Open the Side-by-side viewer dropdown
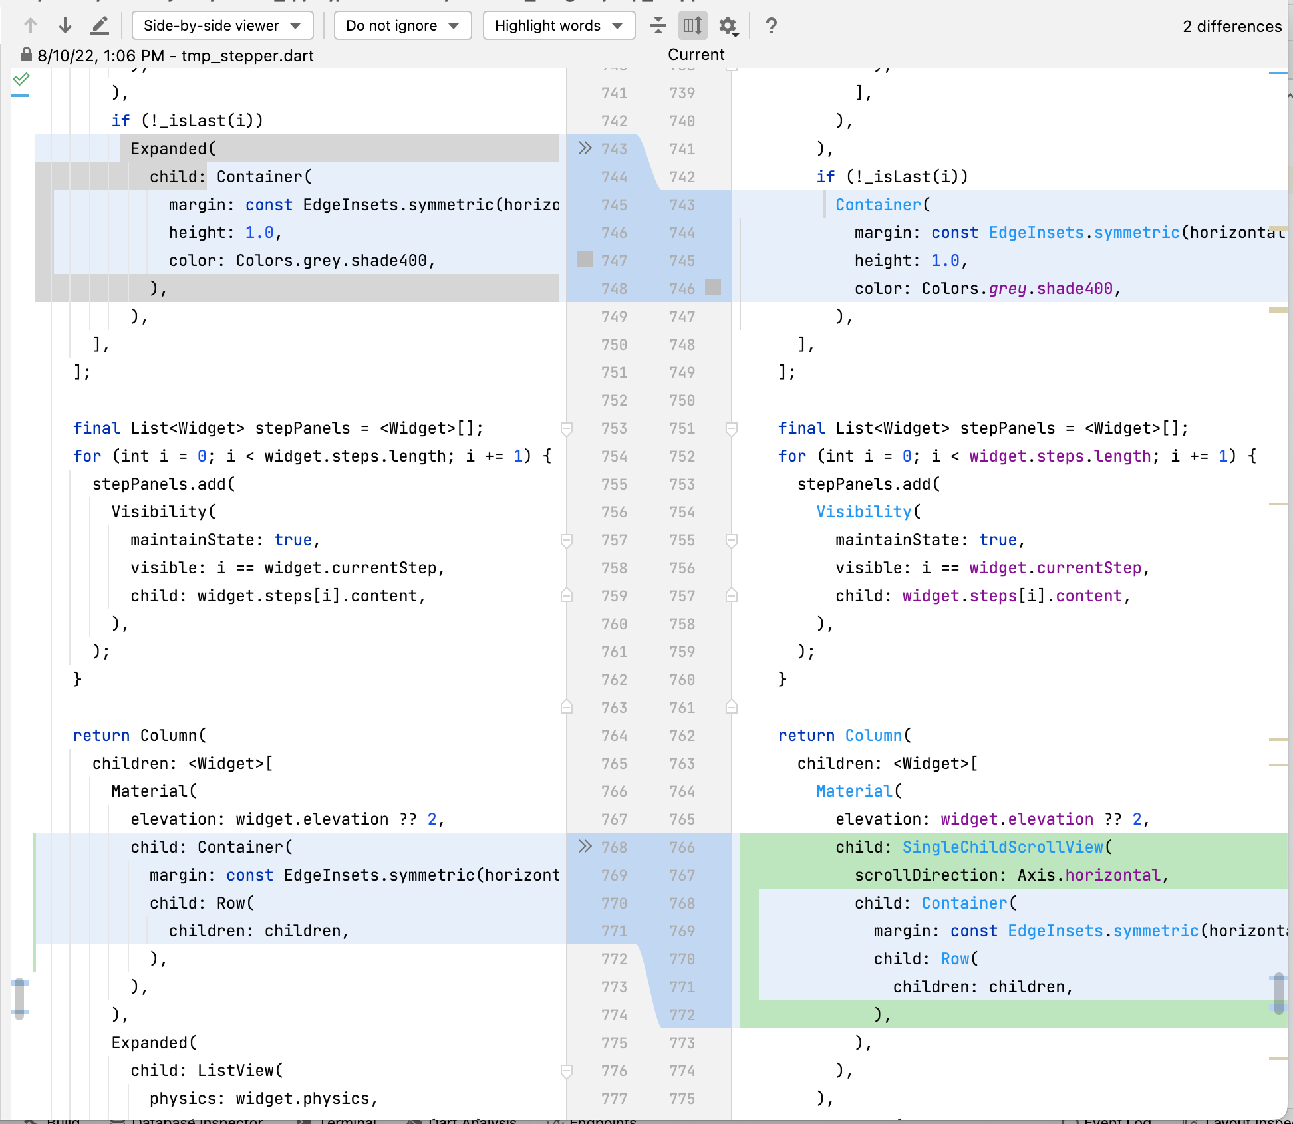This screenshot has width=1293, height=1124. pos(222,26)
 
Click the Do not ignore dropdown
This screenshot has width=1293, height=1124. pos(402,26)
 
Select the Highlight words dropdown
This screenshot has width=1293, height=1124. pos(559,26)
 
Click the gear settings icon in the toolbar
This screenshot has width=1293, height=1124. pos(728,26)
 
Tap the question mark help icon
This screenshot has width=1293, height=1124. pos(771,26)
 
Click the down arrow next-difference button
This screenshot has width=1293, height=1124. pos(65,26)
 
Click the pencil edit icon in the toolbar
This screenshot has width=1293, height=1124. pos(99,26)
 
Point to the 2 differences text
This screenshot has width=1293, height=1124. pos(1232,27)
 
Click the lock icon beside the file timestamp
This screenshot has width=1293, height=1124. pos(26,55)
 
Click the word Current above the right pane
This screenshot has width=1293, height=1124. pos(696,55)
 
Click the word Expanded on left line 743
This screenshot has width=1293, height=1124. pos(168,149)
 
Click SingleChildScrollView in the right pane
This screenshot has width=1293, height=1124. pos(1002,847)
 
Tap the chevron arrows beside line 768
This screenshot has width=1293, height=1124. pos(585,847)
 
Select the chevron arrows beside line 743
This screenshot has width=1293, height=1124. pos(585,148)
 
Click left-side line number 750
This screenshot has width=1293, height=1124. pos(614,345)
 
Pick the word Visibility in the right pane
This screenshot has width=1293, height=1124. pos(863,512)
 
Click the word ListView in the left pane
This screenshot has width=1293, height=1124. pos(235,1071)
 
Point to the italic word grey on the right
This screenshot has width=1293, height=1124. pos(1008,289)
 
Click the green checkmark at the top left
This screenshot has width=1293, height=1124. pos(21,79)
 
